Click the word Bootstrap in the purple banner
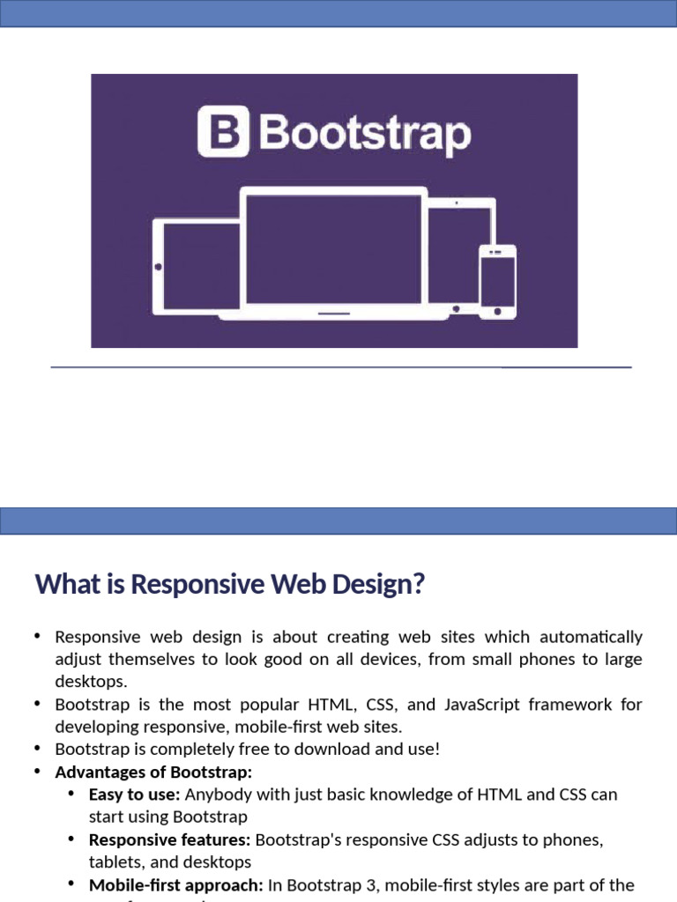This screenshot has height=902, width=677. coord(365,135)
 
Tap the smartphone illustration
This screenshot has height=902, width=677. coord(497,280)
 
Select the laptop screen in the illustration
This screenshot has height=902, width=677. coord(333,249)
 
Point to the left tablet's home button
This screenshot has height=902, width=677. coord(159,266)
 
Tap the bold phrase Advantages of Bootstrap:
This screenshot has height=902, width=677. coord(153,773)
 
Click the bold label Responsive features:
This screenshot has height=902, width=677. coord(170,840)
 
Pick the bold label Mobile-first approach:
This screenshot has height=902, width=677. coord(176,885)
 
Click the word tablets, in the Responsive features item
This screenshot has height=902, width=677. coord(115,862)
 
